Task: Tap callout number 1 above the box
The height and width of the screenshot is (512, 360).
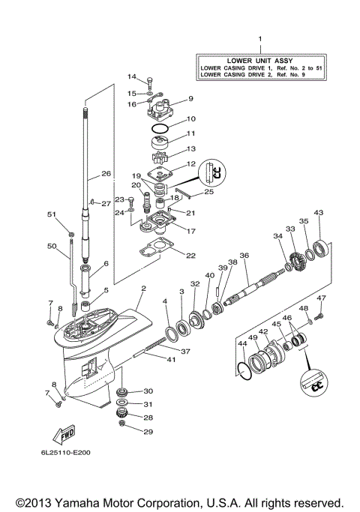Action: [x=260, y=38]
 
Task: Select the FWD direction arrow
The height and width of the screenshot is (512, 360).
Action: [x=66, y=435]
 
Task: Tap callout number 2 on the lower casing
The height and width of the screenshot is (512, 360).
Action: [x=142, y=289]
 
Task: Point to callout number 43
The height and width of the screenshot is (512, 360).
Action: [x=318, y=214]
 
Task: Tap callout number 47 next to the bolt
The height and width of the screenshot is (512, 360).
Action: [x=321, y=298]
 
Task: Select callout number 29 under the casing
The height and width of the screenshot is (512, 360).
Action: [x=147, y=431]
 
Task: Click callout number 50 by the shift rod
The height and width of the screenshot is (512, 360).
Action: [x=52, y=247]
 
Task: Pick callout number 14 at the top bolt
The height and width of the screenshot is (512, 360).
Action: [x=132, y=77]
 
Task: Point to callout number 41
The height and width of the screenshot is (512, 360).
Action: [x=171, y=359]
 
